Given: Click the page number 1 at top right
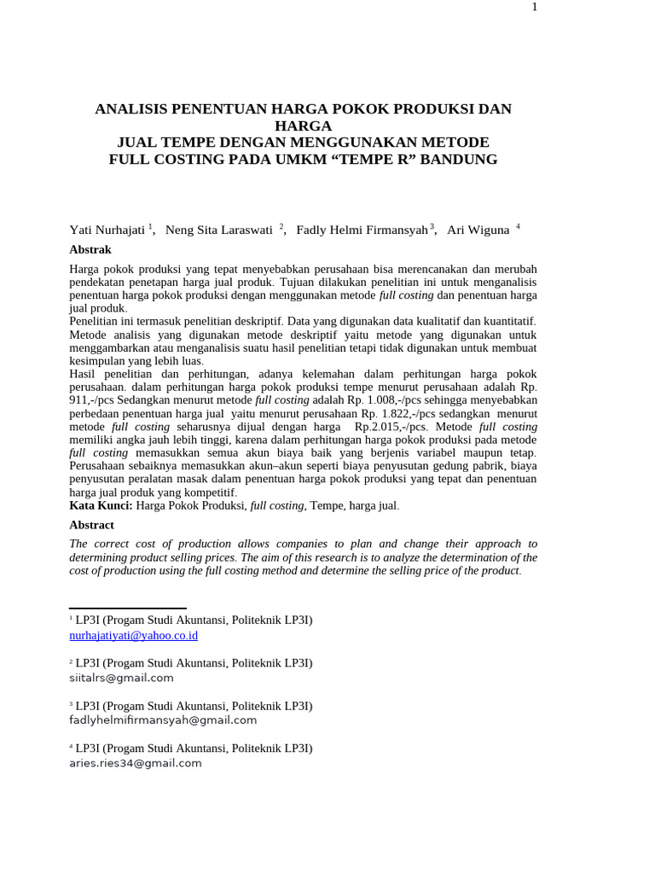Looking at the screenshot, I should click(535, 7).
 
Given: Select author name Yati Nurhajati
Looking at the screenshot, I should click(107, 230).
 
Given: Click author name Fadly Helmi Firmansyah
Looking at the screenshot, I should click(362, 230).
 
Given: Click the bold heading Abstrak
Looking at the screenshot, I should click(90, 250).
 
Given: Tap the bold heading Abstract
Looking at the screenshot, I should click(91, 525).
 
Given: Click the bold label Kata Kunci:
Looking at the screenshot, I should click(101, 506).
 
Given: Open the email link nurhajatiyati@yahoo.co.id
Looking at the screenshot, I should click(133, 636).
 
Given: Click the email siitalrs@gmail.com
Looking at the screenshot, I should click(121, 678).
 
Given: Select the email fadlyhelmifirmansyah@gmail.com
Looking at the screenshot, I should click(163, 720).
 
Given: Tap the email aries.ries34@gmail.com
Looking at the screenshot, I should click(136, 763).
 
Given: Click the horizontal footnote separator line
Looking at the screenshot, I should click(127, 609).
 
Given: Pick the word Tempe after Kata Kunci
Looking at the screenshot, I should click(326, 506).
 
